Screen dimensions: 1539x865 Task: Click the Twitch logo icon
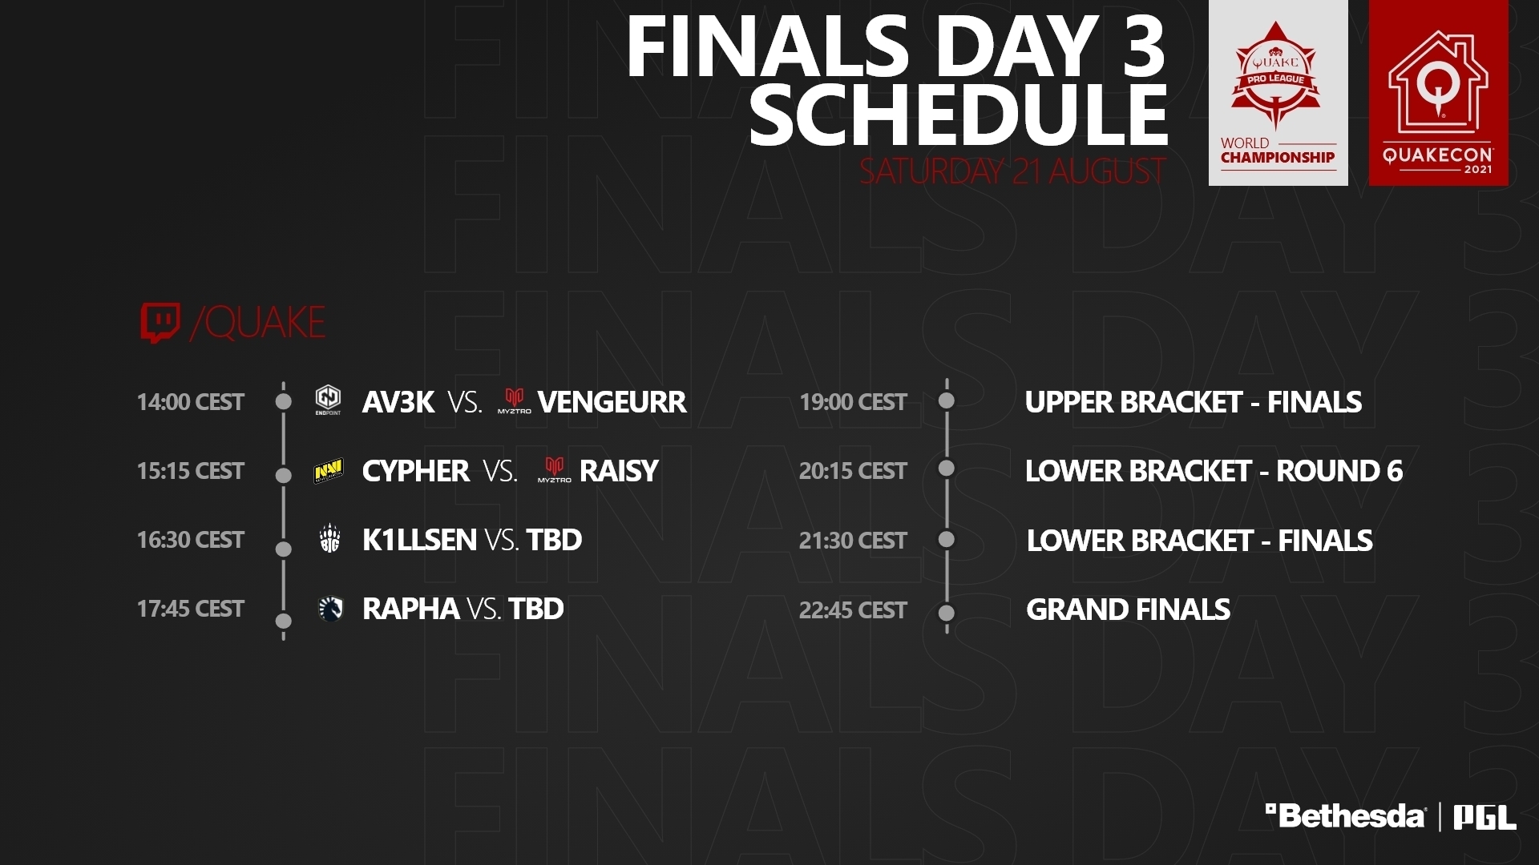[160, 323]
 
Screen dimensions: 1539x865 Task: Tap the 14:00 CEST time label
[191, 401]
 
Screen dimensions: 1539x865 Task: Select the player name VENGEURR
[612, 401]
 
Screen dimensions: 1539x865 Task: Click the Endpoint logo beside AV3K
[328, 400]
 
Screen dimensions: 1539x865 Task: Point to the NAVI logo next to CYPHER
[328, 471]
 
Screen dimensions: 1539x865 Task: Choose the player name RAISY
[619, 471]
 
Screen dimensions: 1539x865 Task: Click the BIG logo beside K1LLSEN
[329, 539]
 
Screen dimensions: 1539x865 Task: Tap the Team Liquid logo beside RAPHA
[330, 610]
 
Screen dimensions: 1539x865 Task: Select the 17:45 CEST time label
[191, 609]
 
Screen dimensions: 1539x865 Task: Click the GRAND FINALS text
[1128, 610]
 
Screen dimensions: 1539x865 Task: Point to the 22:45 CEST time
[853, 610]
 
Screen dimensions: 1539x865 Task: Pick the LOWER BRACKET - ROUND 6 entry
[1214, 471]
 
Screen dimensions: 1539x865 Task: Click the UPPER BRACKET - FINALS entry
[1193, 401]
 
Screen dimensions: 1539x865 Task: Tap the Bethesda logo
[1345, 816]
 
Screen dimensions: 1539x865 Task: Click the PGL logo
[1485, 818]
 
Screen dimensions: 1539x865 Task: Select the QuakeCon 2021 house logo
[1439, 93]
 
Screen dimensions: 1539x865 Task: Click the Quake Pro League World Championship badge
[1278, 93]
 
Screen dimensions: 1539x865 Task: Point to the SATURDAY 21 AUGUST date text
[1012, 171]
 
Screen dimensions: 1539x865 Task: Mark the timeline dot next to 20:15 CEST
[947, 468]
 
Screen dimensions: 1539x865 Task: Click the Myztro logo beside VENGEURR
[514, 400]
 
